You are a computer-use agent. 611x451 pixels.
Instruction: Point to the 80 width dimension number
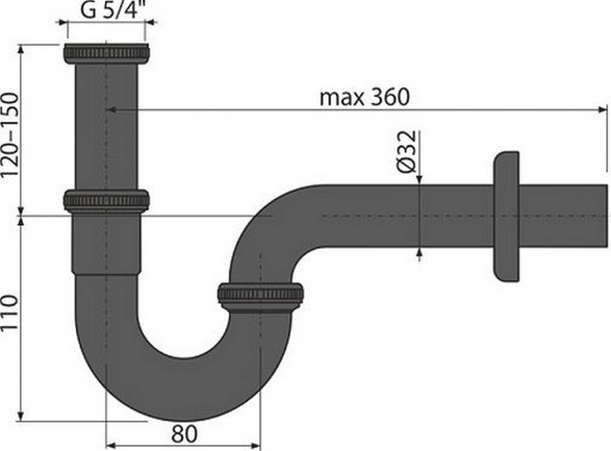click(x=184, y=434)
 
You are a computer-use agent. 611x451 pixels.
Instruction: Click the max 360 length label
click(x=364, y=97)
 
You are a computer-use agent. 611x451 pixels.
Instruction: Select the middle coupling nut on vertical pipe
click(x=106, y=200)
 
